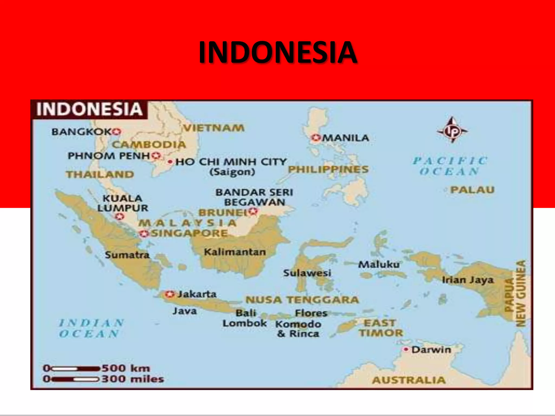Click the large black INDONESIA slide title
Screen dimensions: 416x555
click(x=277, y=52)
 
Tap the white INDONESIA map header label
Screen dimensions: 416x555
click(x=89, y=109)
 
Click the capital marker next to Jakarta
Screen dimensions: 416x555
click(x=170, y=294)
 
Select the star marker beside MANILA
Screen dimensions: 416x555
click(x=315, y=138)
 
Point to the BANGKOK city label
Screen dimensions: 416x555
click(x=81, y=132)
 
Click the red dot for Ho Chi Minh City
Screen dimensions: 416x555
click(x=170, y=162)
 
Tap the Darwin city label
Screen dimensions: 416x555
click(x=431, y=350)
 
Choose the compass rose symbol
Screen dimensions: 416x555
click(x=452, y=131)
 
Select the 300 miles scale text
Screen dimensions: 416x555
click(x=133, y=379)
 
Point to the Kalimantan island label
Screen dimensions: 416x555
click(x=235, y=252)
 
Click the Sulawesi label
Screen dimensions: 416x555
click(x=307, y=273)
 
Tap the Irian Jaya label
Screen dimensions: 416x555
click(x=467, y=280)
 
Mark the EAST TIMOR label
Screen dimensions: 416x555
click(x=381, y=328)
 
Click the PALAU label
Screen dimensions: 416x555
click(x=472, y=190)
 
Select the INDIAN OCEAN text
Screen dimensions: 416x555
click(x=91, y=328)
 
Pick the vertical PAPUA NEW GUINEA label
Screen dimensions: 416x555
click(x=515, y=294)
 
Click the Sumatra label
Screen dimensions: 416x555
click(x=127, y=255)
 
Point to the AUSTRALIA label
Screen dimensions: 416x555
click(x=409, y=380)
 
